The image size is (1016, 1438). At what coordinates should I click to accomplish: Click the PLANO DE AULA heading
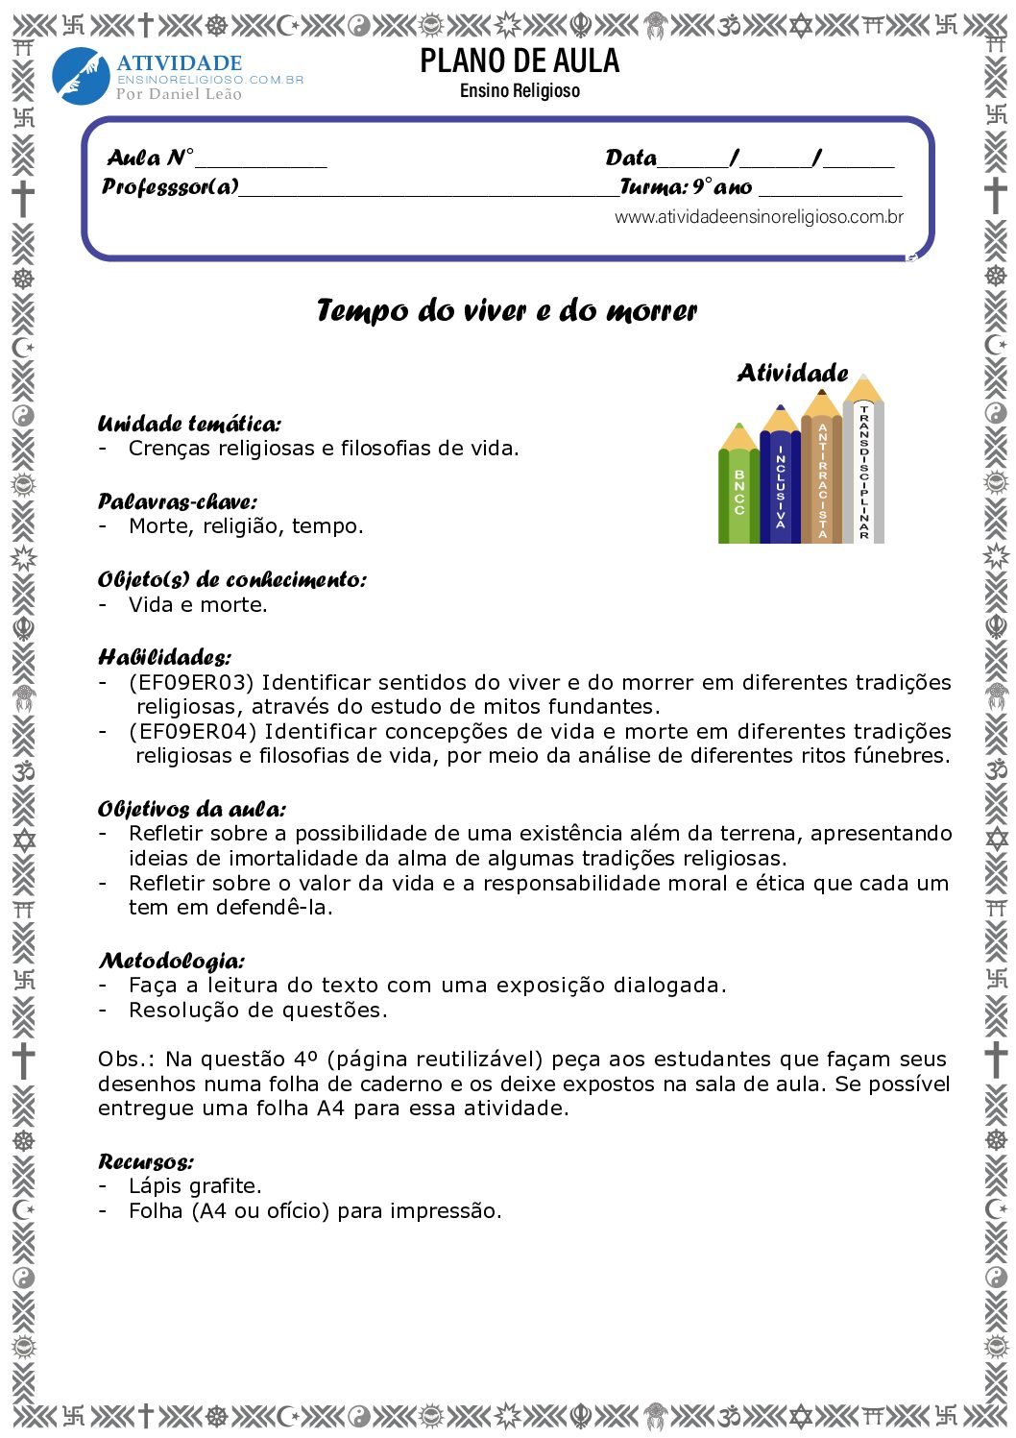tap(520, 61)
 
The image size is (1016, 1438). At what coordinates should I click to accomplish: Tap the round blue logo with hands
tap(81, 76)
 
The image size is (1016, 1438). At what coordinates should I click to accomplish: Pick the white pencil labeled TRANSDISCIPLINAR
tap(863, 471)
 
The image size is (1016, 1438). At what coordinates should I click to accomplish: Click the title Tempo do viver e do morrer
tap(507, 310)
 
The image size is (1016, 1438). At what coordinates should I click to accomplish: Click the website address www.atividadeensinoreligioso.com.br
tap(759, 217)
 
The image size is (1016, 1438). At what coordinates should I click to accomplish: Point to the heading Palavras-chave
tap(178, 501)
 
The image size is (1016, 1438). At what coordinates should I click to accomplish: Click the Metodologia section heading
tap(171, 961)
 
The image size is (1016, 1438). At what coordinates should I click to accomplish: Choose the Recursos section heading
tap(145, 1161)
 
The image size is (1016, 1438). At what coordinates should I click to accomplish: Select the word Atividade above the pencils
tap(792, 373)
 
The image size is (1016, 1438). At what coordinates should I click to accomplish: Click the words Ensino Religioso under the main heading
tap(520, 91)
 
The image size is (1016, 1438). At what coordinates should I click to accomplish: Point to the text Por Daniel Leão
tap(179, 94)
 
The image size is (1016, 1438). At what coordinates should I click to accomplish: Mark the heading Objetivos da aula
tap(191, 809)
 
